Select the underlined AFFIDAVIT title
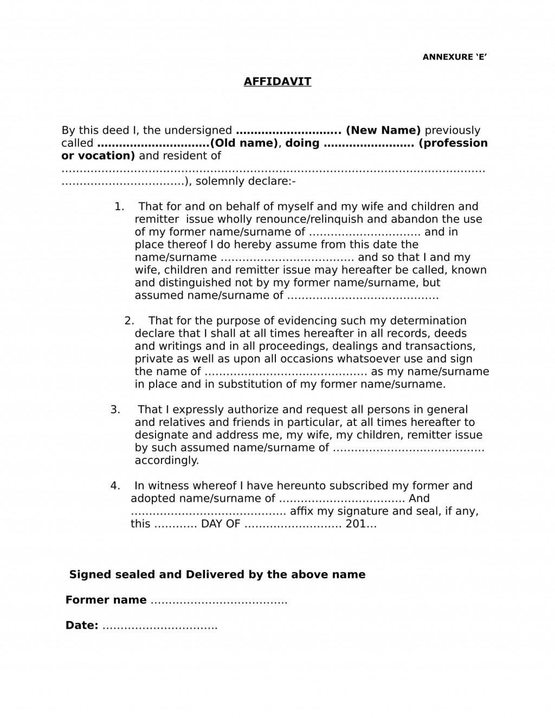277,82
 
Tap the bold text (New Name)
383,131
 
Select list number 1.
119,206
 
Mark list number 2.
129,321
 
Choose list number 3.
115,410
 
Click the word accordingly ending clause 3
167,461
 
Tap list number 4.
115,486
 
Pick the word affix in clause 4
301,512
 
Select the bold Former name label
106,600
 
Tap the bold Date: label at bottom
82,626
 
